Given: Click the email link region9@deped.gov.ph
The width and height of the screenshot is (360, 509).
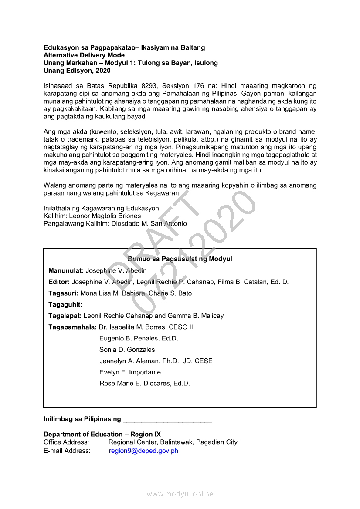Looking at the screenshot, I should (x=143, y=451).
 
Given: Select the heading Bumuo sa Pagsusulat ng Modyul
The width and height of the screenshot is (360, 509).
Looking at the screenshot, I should (x=180, y=259).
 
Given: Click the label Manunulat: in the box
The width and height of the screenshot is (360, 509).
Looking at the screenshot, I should (x=66, y=270).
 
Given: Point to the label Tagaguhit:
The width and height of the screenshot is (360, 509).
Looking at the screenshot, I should (x=65, y=304).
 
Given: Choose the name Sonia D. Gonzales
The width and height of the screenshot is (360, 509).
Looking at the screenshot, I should (x=127, y=350).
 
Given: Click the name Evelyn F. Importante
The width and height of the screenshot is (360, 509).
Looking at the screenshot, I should (x=130, y=372).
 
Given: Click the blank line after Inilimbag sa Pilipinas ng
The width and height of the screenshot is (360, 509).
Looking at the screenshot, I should (x=167, y=419).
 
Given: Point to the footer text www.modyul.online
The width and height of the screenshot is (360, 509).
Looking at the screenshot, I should (x=180, y=494).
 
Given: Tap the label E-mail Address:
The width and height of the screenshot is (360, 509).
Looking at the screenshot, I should (x=67, y=451).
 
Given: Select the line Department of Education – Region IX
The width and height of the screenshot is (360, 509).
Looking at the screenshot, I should (x=102, y=434).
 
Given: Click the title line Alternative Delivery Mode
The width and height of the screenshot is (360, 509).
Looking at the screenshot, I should (x=84, y=55).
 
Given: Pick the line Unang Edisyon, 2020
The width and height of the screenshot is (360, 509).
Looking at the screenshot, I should (x=77, y=71).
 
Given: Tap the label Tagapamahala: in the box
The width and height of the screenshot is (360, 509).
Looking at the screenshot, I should (x=72, y=327).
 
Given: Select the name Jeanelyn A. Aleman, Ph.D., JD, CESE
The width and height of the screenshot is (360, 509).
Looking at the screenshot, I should (x=156, y=361).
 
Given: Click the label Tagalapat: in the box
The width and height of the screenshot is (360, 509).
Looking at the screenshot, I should (x=65, y=316).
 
